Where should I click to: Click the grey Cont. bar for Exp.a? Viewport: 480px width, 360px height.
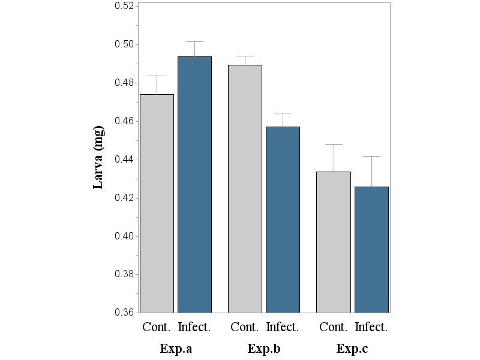click(x=157, y=203)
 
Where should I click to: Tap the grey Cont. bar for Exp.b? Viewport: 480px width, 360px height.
click(x=245, y=188)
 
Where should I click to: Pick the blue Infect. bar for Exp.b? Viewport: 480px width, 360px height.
click(x=283, y=220)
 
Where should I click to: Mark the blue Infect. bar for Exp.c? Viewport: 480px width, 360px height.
click(x=371, y=250)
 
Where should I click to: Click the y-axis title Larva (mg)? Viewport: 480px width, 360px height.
click(x=99, y=158)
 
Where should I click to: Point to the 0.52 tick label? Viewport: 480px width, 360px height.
click(x=124, y=6)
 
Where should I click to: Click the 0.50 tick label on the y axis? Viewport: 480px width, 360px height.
click(x=124, y=44)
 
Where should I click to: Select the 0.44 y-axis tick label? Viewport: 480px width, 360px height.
click(x=124, y=160)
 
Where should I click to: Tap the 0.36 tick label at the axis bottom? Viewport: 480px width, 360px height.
click(x=124, y=313)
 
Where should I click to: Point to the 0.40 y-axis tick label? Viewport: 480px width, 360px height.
click(x=124, y=236)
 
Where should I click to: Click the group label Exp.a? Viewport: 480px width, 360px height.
click(x=175, y=349)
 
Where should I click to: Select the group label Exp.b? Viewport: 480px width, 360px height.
click(x=263, y=349)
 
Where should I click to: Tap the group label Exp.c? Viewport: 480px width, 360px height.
click(x=352, y=349)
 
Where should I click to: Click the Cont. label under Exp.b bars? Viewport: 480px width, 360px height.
click(x=245, y=328)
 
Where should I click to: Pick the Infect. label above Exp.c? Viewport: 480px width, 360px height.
click(x=371, y=328)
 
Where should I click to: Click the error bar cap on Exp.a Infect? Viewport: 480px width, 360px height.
click(x=194, y=42)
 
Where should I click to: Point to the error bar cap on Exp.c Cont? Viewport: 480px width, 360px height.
click(x=333, y=145)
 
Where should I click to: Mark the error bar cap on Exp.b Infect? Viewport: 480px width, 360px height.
click(x=283, y=113)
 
